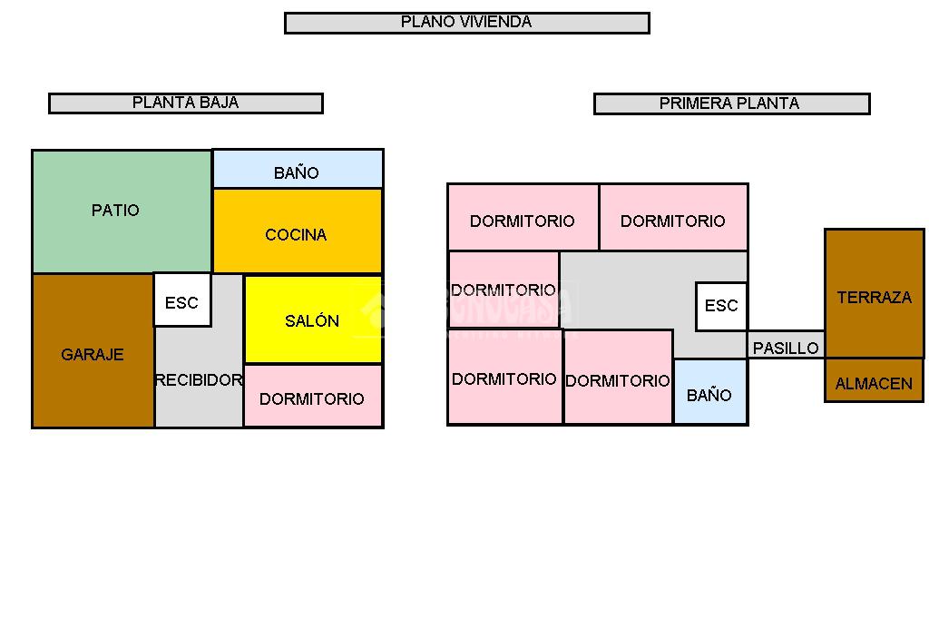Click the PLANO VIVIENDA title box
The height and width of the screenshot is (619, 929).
click(x=466, y=23)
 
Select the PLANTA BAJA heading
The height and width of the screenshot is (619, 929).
click(x=185, y=103)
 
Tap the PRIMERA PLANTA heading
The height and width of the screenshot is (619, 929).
click(x=731, y=104)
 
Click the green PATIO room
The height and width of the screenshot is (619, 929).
click(x=116, y=211)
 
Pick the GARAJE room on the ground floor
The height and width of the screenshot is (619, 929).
click(x=93, y=355)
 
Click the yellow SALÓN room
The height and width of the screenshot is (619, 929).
click(x=312, y=320)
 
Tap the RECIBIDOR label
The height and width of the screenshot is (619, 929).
click(x=199, y=380)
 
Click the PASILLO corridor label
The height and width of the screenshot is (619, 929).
click(x=786, y=347)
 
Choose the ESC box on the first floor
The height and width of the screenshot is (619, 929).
click(x=721, y=306)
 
